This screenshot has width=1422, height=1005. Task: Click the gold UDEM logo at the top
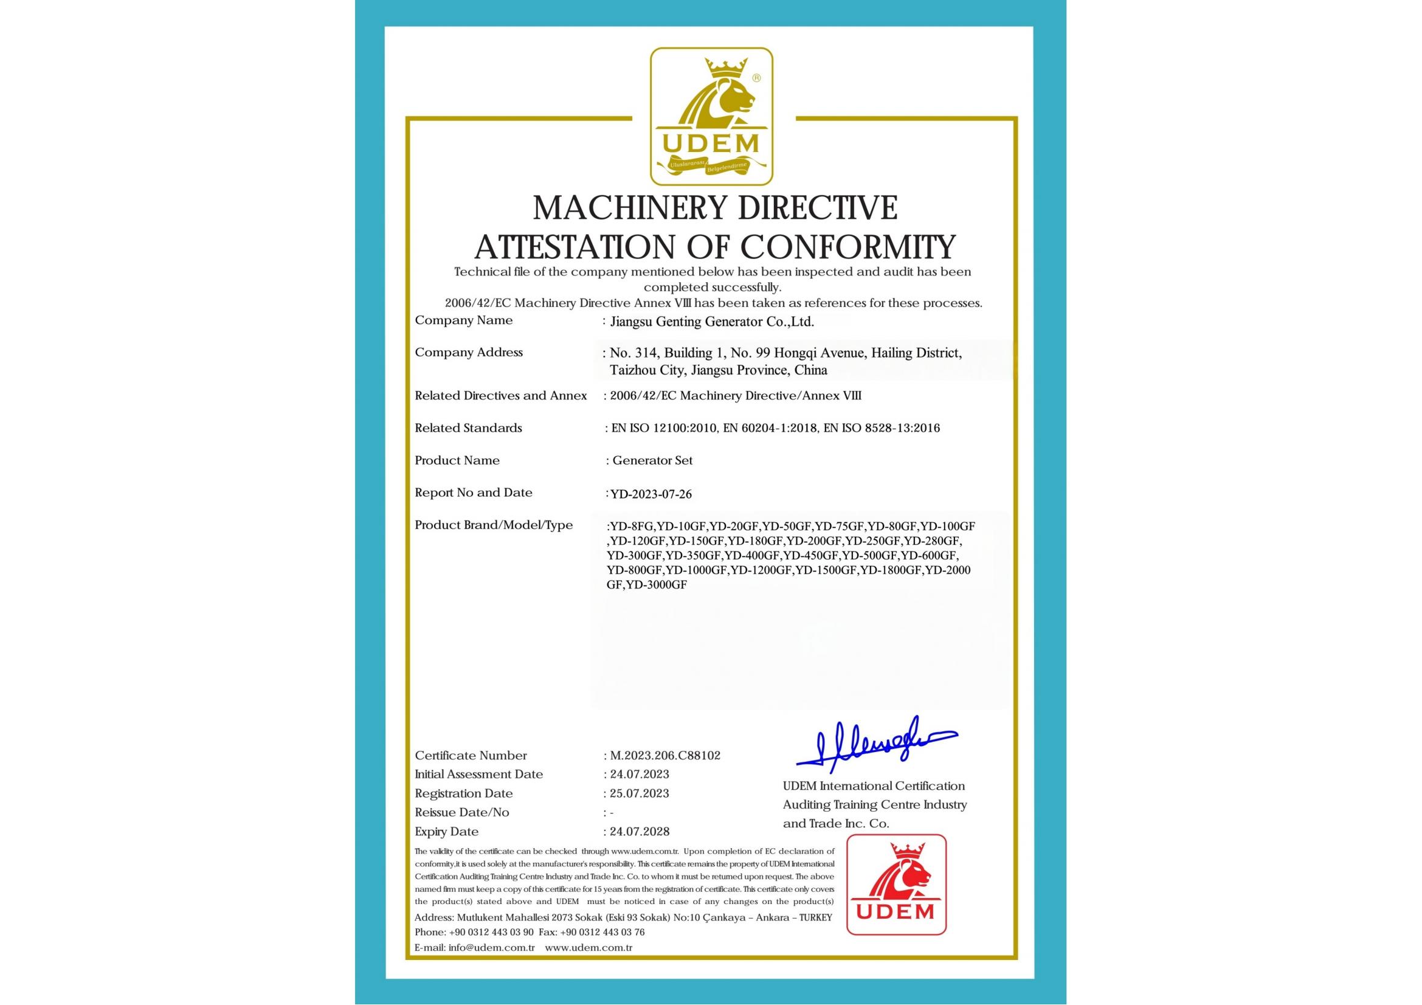coord(711,116)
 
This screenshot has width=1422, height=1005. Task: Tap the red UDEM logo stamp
coord(896,884)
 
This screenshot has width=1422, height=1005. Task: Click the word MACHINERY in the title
coord(621,208)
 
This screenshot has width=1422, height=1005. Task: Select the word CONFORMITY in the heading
coord(849,246)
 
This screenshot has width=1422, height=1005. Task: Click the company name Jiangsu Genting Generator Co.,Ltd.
coord(712,322)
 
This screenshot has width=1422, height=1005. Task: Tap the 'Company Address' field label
coord(469,353)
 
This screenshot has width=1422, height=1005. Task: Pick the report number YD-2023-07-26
coord(651,494)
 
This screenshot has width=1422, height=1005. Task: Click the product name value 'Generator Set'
coord(652,461)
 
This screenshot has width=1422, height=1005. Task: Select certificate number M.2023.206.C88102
coord(665,756)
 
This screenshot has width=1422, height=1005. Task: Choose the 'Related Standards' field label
coord(468,428)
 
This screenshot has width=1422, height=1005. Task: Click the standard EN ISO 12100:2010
coord(664,428)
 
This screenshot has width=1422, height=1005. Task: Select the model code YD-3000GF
coord(657,585)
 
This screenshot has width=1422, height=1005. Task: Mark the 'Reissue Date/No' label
coord(462,812)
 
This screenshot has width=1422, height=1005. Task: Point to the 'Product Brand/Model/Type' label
coord(494,525)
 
